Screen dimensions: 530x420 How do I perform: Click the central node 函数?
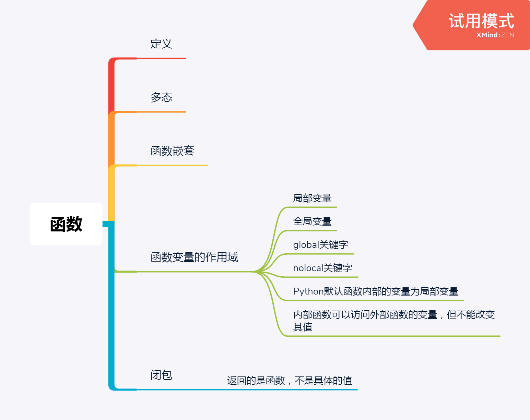tap(66, 224)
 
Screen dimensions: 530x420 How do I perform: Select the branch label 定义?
tap(161, 44)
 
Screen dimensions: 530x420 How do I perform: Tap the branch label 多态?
tap(161, 97)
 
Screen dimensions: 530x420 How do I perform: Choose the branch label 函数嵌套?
tap(172, 151)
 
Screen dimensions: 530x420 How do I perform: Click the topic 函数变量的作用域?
tap(194, 257)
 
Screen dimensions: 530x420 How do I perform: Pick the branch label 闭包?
tap(161, 375)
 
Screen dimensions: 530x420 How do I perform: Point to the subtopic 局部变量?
tap(312, 198)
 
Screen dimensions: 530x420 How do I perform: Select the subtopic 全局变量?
tap(312, 221)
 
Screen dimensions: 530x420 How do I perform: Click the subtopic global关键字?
tap(320, 245)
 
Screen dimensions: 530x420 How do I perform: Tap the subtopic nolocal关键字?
tap(322, 268)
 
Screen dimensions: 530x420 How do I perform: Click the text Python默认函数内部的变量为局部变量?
tap(376, 291)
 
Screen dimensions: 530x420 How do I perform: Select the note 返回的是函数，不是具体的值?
tap(290, 381)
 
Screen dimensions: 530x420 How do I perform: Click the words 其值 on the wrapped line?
tap(303, 327)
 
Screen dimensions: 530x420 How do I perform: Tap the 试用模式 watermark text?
tap(481, 21)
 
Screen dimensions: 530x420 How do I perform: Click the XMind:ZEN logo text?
tap(495, 35)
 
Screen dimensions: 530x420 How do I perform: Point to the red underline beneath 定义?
tap(161, 59)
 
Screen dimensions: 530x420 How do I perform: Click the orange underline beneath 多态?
tap(161, 112)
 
